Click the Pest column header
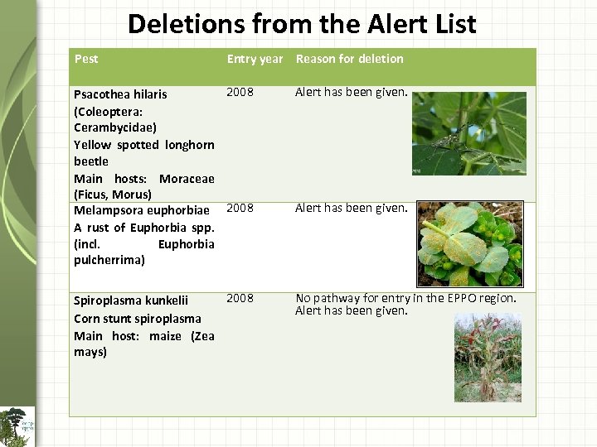point(86,59)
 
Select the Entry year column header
point(255,59)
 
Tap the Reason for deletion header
point(349,59)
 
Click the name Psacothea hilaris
point(120,94)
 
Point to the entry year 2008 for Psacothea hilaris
point(240,92)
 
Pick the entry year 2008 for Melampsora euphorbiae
point(240,208)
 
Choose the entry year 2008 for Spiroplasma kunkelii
point(240,298)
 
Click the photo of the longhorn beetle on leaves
point(468,133)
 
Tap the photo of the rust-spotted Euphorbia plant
point(469,243)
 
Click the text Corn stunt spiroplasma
point(137,319)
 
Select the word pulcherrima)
point(109,260)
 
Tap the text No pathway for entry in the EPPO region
point(405,298)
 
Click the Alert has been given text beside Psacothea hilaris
point(352,92)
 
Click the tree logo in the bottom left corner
point(17,425)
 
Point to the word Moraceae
point(187,178)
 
